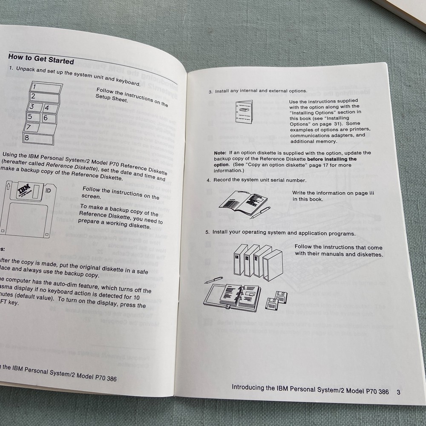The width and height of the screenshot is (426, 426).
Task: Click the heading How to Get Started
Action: pyautogui.click(x=41, y=58)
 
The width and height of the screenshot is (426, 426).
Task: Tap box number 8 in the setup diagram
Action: pyautogui.click(x=39, y=138)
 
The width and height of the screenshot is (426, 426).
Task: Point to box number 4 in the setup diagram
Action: pyautogui.click(x=49, y=108)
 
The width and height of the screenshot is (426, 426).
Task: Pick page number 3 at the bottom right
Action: pyautogui.click(x=398, y=392)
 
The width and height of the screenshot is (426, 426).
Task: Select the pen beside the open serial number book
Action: pyautogui.click(x=260, y=211)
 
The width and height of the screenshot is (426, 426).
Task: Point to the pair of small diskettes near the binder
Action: pyautogui.click(x=276, y=301)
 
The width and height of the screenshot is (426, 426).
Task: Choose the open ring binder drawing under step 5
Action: pyautogui.click(x=232, y=296)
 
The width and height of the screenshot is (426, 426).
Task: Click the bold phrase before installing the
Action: pyautogui.click(x=332, y=159)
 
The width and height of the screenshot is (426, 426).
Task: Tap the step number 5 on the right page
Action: pyautogui.click(x=208, y=233)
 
